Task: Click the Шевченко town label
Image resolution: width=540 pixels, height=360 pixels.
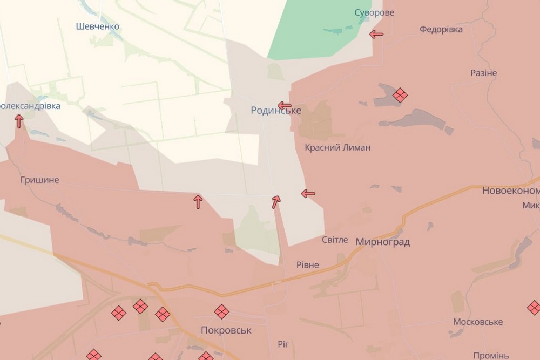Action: point(98,26)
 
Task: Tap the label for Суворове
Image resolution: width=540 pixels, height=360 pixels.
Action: point(374,12)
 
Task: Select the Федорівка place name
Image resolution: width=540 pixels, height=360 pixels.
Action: point(441,29)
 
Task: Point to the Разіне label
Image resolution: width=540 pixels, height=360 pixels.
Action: point(483,73)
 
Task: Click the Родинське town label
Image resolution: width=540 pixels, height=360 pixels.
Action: point(276,110)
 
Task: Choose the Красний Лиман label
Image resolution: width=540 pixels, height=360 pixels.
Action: point(337,147)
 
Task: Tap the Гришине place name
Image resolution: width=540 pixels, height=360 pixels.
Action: point(39,180)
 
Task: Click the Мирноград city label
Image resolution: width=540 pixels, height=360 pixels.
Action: point(382,242)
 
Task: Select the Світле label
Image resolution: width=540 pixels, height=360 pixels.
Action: point(335,240)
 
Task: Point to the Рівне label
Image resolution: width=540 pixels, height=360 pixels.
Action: point(308,265)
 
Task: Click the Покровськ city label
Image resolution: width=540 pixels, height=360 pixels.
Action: point(226,330)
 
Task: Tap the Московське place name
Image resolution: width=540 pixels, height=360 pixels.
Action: point(478,322)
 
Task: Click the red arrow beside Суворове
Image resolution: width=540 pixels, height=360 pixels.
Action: point(376,35)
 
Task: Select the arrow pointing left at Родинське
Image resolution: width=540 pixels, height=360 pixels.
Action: point(285,105)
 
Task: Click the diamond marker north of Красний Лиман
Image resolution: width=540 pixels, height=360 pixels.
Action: point(400,95)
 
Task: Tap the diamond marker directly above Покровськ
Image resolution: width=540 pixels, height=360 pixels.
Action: point(221,311)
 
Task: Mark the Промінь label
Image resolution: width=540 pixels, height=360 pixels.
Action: point(491,355)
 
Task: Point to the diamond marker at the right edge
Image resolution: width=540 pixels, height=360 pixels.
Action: point(534,308)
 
